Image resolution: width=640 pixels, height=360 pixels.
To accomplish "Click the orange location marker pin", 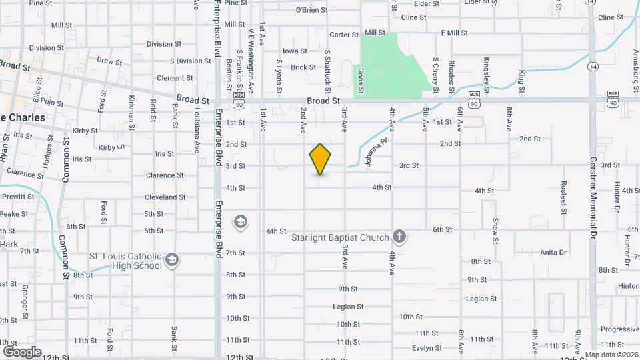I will (321, 159).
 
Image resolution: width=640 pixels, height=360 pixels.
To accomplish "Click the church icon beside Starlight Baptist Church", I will (399, 237).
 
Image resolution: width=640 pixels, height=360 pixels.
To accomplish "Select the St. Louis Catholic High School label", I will (126, 261).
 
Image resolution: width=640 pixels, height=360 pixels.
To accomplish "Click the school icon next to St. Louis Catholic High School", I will (172, 259).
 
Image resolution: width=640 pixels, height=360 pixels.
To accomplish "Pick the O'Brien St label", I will (311, 10).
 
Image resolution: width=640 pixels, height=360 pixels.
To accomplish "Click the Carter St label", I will (344, 34).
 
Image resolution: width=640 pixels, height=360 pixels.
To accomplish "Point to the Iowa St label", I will (295, 51).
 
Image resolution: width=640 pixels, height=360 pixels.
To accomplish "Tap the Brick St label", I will (303, 67).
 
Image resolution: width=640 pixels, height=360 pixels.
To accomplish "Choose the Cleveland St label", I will (165, 197).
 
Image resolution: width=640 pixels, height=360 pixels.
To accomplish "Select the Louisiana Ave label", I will (197, 136).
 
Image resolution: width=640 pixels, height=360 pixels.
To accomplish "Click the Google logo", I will (22, 352).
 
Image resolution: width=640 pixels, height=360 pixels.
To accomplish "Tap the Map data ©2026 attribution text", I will (611, 355).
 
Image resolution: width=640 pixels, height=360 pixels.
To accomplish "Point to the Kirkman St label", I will (131, 111).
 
